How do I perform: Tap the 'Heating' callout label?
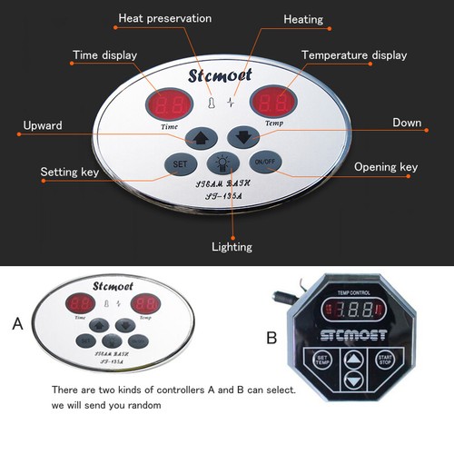click(303, 19)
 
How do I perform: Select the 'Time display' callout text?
click(105, 55)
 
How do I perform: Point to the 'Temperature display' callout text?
click(352, 55)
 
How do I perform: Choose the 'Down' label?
click(406, 123)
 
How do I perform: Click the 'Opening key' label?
click(386, 168)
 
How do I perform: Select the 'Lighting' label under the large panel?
click(232, 246)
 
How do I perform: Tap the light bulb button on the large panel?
click(221, 164)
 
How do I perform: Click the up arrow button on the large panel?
click(198, 139)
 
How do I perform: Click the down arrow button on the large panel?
click(242, 139)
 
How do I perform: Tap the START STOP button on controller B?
click(386, 360)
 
